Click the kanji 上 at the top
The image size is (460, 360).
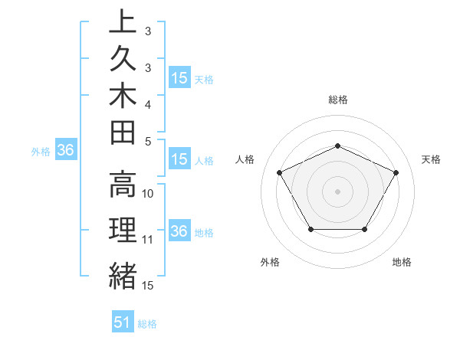(x=123, y=22)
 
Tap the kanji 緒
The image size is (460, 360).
(x=123, y=275)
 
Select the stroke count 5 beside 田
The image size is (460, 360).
(x=147, y=141)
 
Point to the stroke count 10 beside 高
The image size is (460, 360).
(x=149, y=194)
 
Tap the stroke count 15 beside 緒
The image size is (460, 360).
(x=149, y=286)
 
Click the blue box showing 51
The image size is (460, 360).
(x=123, y=322)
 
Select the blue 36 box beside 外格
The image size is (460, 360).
(x=66, y=151)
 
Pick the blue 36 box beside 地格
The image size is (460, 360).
(x=179, y=232)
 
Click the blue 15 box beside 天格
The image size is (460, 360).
(x=179, y=78)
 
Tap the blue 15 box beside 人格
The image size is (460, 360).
(x=179, y=160)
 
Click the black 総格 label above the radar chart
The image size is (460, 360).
(x=338, y=100)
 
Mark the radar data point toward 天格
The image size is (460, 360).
(x=396, y=172)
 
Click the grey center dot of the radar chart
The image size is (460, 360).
(x=337, y=191)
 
